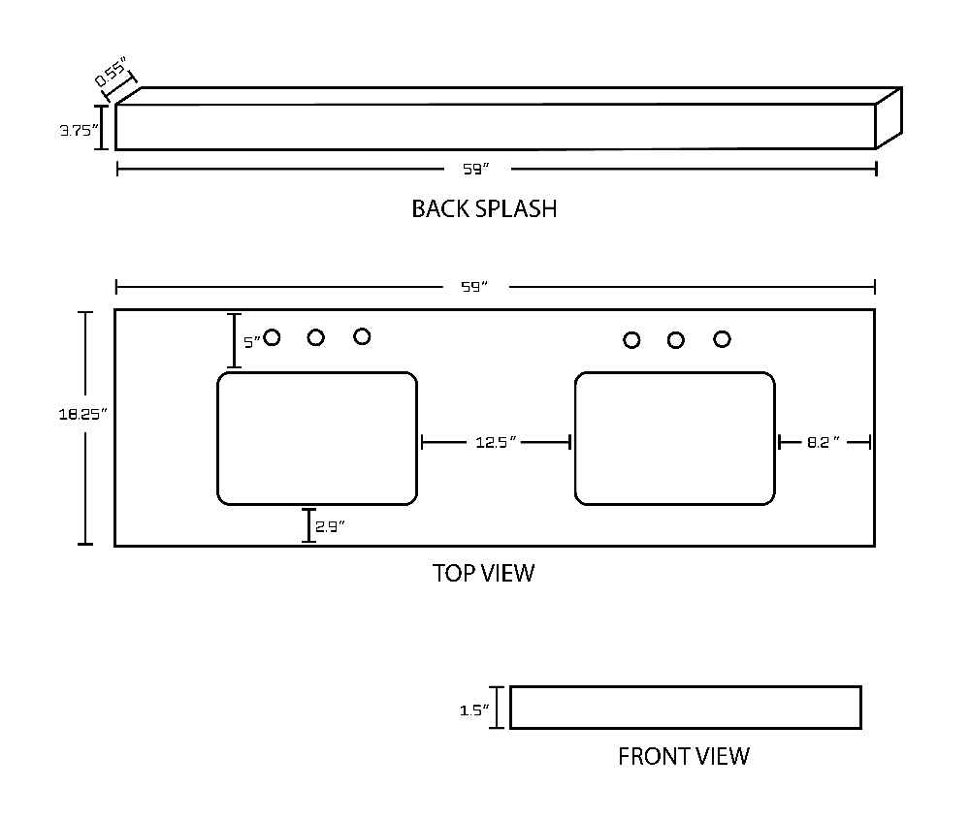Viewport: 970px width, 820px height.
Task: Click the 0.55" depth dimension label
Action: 112,71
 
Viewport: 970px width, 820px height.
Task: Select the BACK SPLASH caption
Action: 484,208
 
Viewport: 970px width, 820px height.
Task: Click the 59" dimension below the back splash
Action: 476,169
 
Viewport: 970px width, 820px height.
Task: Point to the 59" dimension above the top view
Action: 474,287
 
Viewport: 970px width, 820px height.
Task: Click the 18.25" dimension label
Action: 82,414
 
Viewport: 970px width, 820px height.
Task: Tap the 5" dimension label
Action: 251,342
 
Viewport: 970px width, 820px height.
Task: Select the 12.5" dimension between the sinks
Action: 496,442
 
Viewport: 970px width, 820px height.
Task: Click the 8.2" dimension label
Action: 824,442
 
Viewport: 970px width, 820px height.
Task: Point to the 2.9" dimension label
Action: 330,526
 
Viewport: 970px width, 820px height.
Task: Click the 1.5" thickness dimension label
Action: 474,710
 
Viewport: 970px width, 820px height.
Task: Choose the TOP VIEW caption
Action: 484,573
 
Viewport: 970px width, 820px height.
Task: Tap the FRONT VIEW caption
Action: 684,756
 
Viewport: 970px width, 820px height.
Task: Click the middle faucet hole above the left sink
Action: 316,337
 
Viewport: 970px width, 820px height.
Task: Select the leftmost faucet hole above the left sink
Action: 272,337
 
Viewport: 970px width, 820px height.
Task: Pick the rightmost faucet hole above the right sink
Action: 722,339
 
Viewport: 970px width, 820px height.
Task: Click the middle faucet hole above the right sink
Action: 675,340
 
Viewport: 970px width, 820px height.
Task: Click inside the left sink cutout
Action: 317,439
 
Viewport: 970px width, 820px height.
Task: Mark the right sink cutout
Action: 675,439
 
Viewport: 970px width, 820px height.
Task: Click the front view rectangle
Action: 686,708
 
